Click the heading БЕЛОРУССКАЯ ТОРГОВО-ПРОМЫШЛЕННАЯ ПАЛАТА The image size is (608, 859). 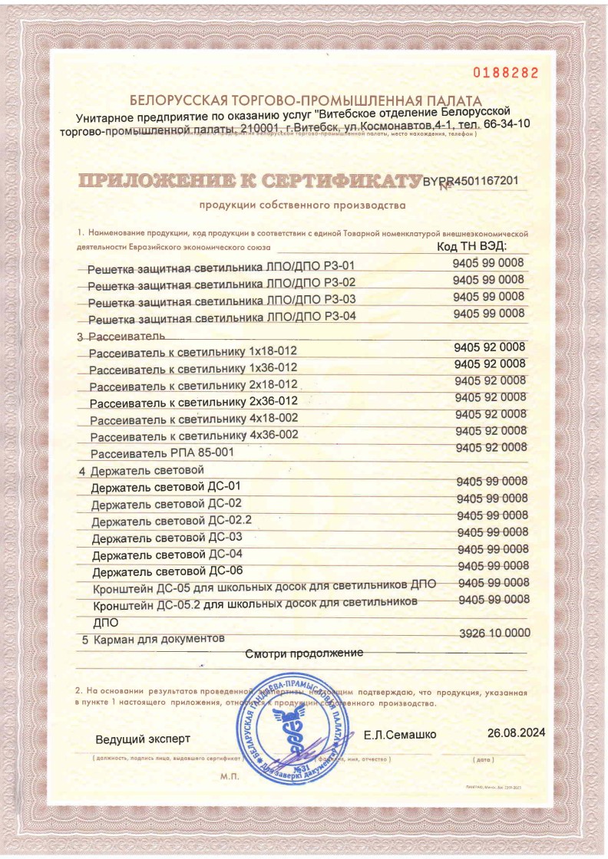(x=306, y=100)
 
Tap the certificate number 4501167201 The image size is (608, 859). (x=486, y=181)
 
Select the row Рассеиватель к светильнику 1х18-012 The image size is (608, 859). (x=193, y=351)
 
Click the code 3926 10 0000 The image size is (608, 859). (x=494, y=634)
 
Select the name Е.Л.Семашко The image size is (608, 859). (x=400, y=735)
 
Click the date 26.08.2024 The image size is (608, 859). (x=516, y=732)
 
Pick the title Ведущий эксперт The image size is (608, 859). (x=142, y=740)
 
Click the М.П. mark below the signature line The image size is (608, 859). (x=230, y=777)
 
